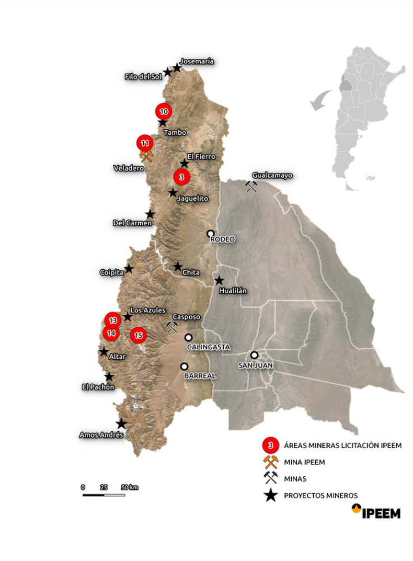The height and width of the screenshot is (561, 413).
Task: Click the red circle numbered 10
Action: [164, 111]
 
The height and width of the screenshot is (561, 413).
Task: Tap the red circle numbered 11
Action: [145, 142]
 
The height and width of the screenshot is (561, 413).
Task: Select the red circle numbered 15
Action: [139, 335]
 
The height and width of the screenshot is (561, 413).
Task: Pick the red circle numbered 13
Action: [112, 319]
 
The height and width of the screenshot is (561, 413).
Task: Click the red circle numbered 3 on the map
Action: [181, 177]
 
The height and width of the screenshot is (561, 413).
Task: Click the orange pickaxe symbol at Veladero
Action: [146, 155]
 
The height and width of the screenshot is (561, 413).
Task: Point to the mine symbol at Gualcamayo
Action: [253, 186]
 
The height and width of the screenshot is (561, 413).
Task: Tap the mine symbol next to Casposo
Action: [171, 327]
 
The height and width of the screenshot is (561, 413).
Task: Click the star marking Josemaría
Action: [177, 68]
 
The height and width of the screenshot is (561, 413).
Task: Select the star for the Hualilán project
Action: [220, 280]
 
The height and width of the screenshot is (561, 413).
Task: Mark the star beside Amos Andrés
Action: [121, 423]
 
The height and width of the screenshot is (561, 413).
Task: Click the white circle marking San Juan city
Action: [254, 354]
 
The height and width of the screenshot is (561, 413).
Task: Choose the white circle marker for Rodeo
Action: [210, 233]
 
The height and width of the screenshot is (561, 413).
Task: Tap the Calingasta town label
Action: [208, 347]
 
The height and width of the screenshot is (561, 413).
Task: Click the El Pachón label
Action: [98, 387]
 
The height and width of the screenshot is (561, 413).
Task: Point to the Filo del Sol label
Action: [143, 77]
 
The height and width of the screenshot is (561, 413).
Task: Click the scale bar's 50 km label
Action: [130, 487]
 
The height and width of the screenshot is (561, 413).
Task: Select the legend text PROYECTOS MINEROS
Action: [321, 496]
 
